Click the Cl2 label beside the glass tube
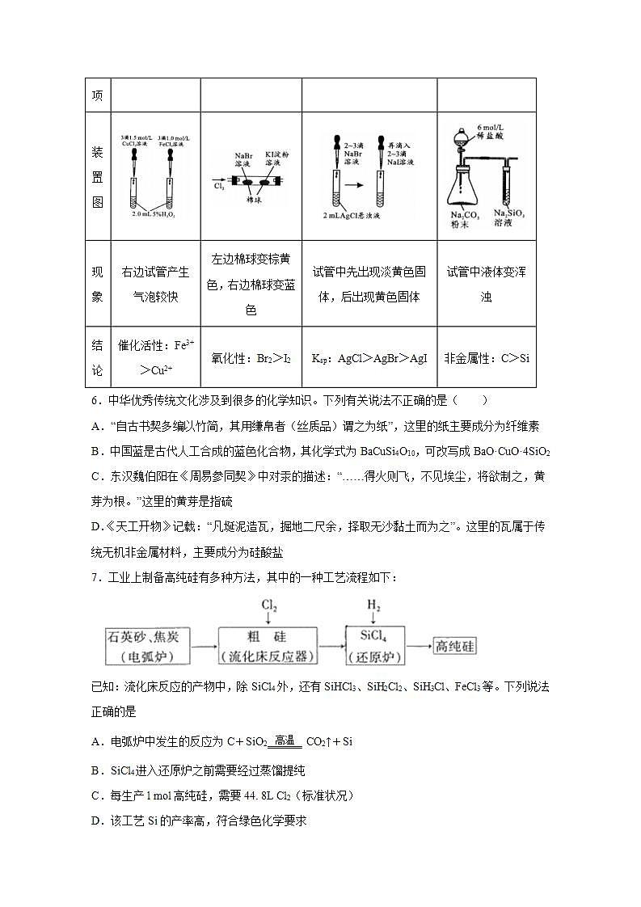pyautogui.click(x=219, y=185)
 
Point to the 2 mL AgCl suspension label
pyautogui.click(x=351, y=216)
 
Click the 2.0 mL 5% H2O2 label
pyautogui.click(x=154, y=215)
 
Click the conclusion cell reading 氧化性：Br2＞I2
pyautogui.click(x=251, y=357)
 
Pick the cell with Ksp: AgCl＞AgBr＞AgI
pyautogui.click(x=369, y=357)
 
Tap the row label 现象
pyautogui.click(x=97, y=284)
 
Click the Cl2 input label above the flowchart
pyautogui.click(x=269, y=605)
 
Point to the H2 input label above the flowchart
pyautogui.click(x=373, y=605)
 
